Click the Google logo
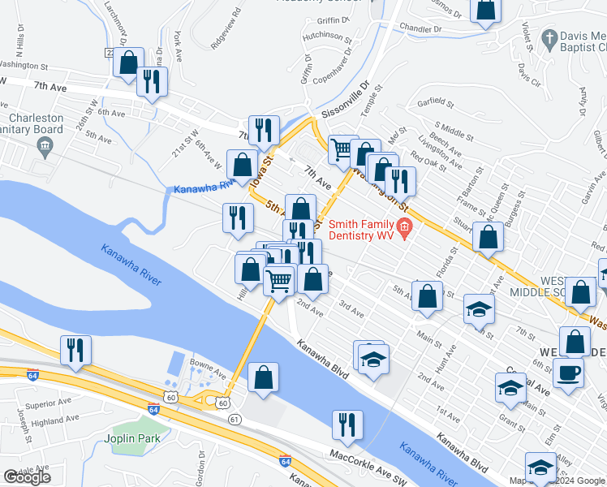[27, 476]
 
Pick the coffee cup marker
[568, 374]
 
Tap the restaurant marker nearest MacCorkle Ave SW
[347, 425]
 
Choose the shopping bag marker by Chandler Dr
[485, 10]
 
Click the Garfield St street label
[433, 103]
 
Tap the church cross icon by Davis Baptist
[549, 38]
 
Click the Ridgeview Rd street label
[226, 30]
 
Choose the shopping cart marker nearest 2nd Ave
[279, 282]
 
